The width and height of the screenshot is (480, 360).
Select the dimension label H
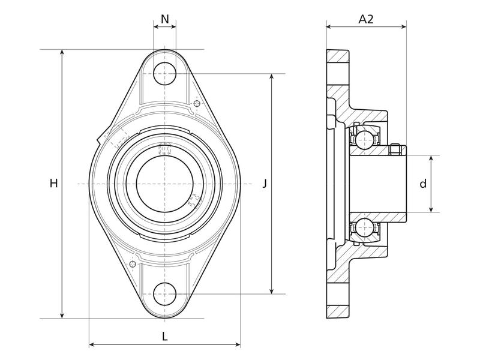[x=53, y=184]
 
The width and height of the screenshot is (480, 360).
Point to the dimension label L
[x=164, y=337]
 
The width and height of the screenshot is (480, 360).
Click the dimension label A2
[x=366, y=19]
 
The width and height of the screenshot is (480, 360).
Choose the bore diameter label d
[x=423, y=184]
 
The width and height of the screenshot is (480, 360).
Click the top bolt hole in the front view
[x=164, y=74]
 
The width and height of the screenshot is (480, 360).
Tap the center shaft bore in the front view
[x=164, y=184]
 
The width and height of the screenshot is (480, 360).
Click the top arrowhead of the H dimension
[x=62, y=53]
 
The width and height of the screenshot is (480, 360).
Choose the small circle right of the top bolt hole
[x=197, y=104]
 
